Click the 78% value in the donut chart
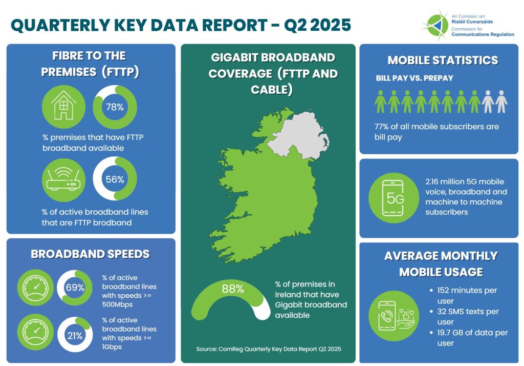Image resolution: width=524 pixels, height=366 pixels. tap(115, 107)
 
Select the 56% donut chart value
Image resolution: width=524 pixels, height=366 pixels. tap(115, 179)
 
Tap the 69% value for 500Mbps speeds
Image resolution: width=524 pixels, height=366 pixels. tap(75, 288)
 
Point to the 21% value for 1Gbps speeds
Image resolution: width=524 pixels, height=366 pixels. tap(75, 336)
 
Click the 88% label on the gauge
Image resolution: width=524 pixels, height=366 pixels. tap(233, 288)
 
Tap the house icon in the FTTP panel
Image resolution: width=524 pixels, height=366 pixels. tap(64, 107)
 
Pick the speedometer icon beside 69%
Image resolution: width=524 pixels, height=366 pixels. tap(35, 288)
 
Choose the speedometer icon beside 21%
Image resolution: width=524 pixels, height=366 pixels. tap(35, 336)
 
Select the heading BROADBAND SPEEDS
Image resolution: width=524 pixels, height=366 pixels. tap(90, 254)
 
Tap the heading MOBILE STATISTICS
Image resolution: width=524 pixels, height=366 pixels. tap(442, 60)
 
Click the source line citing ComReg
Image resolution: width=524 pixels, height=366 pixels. tap(268, 349)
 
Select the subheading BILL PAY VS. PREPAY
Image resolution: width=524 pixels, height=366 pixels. tap(414, 78)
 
